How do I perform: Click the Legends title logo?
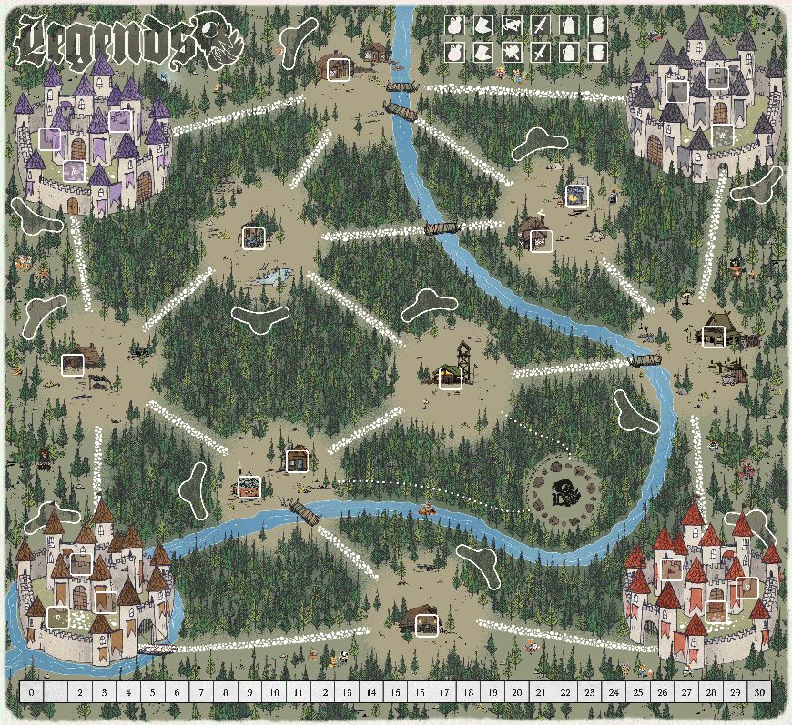[105, 43]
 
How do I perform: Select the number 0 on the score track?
[32, 692]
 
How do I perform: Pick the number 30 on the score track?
[759, 692]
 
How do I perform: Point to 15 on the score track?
[395, 692]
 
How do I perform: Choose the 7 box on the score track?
[201, 692]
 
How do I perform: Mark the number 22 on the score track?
[565, 692]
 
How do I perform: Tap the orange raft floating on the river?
[428, 511]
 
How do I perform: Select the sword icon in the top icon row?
[541, 25]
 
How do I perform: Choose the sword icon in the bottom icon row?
[541, 52]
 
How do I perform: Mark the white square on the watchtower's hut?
[451, 378]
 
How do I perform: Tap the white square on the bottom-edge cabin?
[426, 625]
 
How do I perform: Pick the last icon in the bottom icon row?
[597, 52]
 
